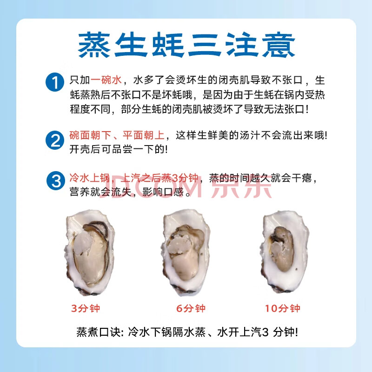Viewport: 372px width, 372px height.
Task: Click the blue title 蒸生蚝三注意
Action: pyautogui.click(x=186, y=45)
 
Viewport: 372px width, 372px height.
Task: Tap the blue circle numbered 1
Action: pyautogui.click(x=55, y=82)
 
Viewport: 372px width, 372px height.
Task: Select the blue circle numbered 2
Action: pyautogui.click(x=55, y=140)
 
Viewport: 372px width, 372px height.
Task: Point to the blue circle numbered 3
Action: pyautogui.click(x=56, y=180)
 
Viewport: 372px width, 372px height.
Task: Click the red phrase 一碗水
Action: pyautogui.click(x=106, y=80)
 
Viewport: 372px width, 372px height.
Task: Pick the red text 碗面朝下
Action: pyautogui.click(x=90, y=135)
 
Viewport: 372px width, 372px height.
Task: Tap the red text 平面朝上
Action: pyautogui.click(x=144, y=135)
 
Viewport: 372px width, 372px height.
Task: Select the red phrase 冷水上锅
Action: pyautogui.click(x=90, y=178)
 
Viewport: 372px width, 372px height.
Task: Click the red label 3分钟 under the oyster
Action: pyautogui.click(x=86, y=308)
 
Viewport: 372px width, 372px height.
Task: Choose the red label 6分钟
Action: pyautogui.click(x=191, y=308)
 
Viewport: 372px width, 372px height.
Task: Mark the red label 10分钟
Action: pyautogui.click(x=283, y=308)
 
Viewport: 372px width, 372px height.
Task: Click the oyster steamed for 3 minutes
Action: pyautogui.click(x=89, y=252)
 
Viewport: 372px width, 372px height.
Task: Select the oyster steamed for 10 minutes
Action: pyautogui.click(x=285, y=252)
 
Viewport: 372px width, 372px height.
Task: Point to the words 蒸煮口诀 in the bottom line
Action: pyautogui.click(x=98, y=332)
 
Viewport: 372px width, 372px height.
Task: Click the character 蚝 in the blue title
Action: pyautogui.click(x=168, y=45)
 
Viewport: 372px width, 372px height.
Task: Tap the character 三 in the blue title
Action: pyautogui.click(x=205, y=45)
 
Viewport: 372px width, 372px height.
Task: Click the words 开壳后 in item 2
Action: pyautogui.click(x=85, y=149)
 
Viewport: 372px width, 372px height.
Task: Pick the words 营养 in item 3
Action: pyautogui.click(x=80, y=192)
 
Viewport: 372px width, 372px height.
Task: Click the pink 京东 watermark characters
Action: pyautogui.click(x=241, y=186)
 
